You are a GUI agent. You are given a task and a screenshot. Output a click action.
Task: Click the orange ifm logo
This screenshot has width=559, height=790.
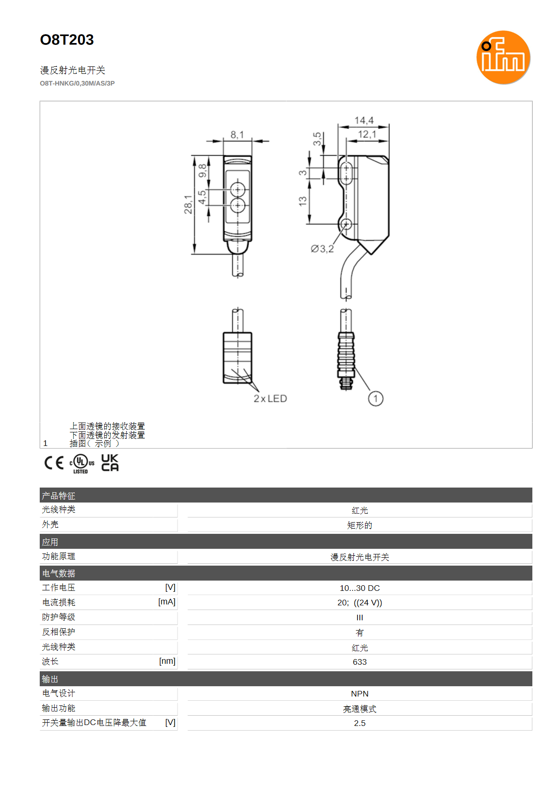503,57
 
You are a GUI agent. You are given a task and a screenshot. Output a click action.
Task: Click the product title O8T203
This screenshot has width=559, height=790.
67,40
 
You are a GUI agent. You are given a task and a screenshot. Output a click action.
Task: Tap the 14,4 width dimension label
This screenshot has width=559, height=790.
364,121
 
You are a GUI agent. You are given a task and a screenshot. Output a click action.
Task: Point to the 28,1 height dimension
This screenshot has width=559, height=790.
188,205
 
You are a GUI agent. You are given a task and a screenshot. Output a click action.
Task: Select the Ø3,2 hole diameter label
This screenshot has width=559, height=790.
322,249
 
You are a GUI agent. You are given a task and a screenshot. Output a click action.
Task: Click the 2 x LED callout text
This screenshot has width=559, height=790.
270,399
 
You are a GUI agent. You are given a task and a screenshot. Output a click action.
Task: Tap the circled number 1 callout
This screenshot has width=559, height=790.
376,399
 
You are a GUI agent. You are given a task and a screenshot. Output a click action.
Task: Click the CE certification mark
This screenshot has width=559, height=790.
54,463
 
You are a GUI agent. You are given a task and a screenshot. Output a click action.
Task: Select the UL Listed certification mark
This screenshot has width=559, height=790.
82,464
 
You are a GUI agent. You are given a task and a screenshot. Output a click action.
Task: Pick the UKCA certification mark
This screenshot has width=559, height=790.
110,463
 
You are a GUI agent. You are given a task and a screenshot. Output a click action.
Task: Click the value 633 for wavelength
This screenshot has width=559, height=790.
360,662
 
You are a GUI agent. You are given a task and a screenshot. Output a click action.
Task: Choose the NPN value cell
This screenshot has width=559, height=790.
360,694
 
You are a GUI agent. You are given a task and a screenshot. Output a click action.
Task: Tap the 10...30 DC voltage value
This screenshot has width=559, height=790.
360,588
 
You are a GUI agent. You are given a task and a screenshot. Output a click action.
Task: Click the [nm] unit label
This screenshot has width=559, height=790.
167,661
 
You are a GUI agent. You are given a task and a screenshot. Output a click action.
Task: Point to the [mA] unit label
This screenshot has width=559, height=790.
167,602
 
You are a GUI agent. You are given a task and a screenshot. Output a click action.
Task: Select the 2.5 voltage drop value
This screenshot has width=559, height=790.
360,723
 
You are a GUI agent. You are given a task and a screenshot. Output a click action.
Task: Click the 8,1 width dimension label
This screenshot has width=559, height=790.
237,135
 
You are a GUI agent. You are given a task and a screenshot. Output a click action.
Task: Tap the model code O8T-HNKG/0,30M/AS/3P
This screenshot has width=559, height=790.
77,84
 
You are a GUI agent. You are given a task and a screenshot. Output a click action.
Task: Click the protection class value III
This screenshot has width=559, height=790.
360,618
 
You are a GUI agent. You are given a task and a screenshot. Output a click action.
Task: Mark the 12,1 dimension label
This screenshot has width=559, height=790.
367,134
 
